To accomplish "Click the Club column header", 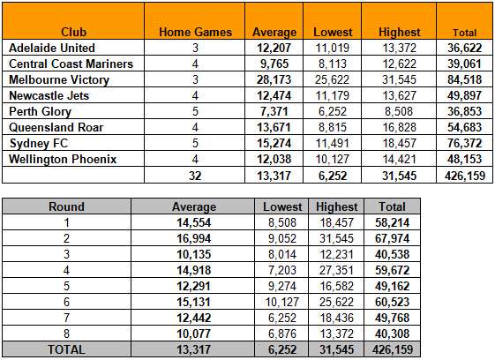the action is coord(73,32).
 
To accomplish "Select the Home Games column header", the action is coord(195,32).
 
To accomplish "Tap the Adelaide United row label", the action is coord(52,48).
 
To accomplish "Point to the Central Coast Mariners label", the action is coord(71,64).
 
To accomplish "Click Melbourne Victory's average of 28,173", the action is coord(274,79).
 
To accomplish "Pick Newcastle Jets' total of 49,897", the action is coord(464,95).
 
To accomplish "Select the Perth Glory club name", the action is coord(40,111).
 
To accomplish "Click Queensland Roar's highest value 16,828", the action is coord(400,127).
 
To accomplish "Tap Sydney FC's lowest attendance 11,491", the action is coord(333,143).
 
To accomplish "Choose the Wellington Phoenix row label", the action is coord(63,159).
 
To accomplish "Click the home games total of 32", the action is coord(195,176).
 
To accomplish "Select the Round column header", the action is coord(66,206).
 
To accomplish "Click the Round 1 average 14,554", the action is coord(193,222).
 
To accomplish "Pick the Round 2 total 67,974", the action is coord(392,238).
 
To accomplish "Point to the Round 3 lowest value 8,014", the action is coord(282,254).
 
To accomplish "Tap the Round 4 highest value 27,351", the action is coord(336,270).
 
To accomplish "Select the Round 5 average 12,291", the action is coord(193,286).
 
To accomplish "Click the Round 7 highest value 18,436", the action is coord(336,318).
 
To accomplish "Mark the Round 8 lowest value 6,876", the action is coord(282,334).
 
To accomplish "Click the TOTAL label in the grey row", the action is coord(66,349).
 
